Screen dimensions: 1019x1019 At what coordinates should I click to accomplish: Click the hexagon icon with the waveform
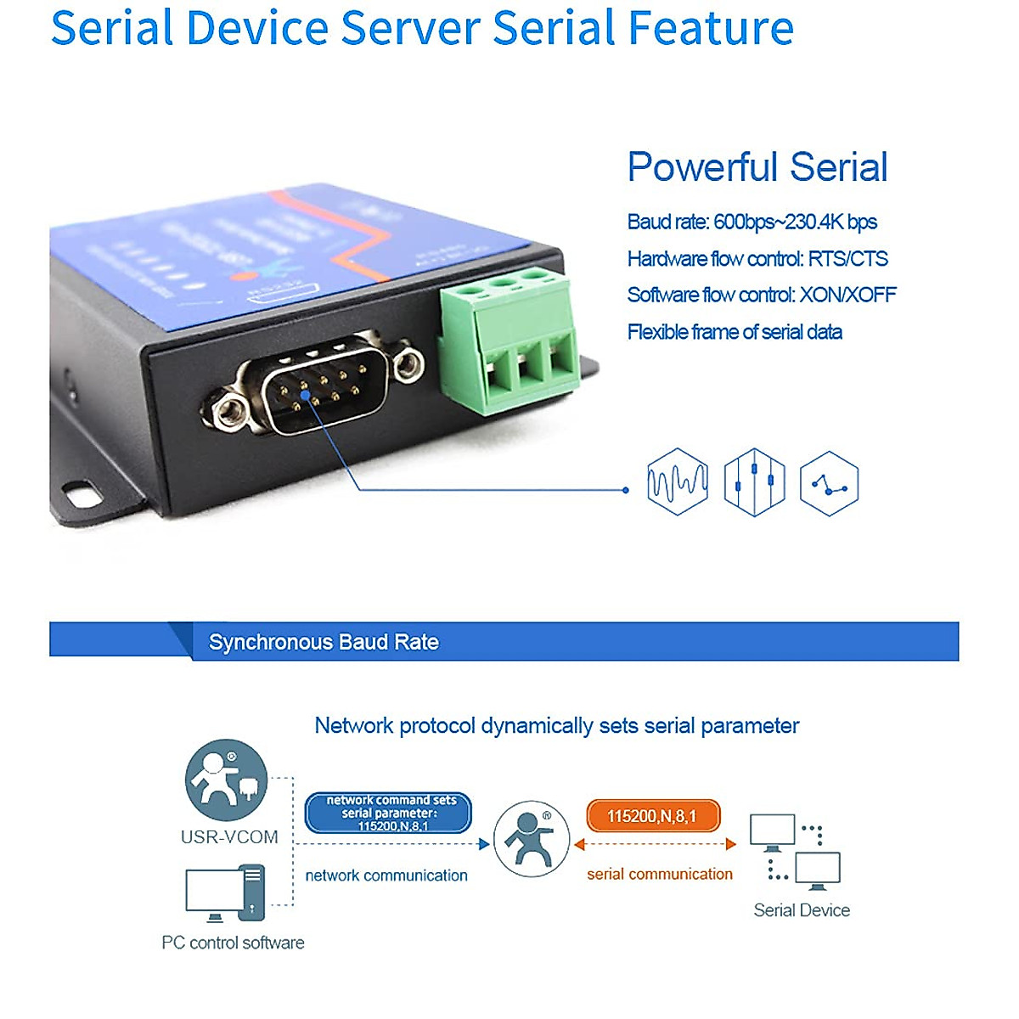[677, 482]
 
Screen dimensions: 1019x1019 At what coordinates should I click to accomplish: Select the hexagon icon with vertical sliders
[754, 482]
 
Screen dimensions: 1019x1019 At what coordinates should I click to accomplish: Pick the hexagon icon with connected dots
[829, 483]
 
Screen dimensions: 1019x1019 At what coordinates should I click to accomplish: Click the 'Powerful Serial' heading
[757, 166]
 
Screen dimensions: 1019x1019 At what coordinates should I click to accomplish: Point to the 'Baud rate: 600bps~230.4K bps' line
[752, 222]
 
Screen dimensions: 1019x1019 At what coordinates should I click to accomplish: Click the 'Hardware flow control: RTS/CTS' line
[757, 259]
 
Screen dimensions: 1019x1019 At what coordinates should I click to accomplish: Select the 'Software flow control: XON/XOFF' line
[761, 296]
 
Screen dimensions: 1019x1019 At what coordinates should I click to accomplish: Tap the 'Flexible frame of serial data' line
[735, 332]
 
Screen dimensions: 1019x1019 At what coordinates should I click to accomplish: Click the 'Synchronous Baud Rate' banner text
[324, 642]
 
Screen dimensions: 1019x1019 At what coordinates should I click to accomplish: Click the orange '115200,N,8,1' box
[652, 816]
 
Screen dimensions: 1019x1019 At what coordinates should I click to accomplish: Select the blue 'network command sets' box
[388, 813]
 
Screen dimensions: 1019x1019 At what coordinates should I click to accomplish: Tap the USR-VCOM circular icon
[226, 780]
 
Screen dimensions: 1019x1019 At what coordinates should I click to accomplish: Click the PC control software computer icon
[226, 893]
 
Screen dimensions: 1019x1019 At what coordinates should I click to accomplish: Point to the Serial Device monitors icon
[796, 852]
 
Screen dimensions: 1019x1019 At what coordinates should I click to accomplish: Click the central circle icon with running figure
[531, 839]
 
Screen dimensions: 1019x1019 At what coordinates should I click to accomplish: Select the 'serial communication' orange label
[659, 874]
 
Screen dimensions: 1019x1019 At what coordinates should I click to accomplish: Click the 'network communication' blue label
[386, 875]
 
